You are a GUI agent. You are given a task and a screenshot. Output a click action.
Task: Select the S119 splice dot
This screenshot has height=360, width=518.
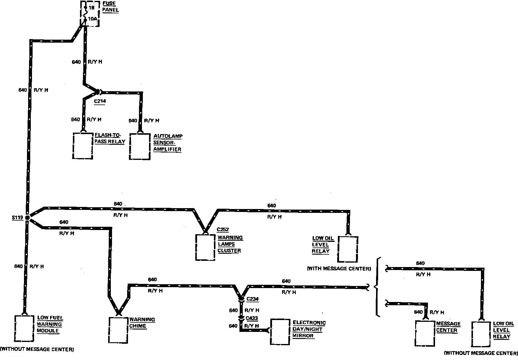27,218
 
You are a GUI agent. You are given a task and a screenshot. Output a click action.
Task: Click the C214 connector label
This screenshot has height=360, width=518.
100,101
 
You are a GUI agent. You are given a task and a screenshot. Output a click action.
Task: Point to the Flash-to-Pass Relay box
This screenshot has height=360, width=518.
83,146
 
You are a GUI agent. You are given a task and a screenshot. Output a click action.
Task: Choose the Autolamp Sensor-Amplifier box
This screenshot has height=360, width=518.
140,147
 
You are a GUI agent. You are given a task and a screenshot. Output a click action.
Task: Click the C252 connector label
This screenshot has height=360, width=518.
223,229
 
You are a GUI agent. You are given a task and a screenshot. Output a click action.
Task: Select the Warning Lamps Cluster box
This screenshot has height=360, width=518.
205,247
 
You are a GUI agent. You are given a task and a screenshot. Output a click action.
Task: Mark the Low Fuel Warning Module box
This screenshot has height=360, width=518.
24,328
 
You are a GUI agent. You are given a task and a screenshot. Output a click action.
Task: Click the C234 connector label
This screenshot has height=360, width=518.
252,299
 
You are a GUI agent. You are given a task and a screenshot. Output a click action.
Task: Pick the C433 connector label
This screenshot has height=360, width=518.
252,318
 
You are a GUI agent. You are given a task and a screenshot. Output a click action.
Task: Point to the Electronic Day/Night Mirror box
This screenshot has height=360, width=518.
280,332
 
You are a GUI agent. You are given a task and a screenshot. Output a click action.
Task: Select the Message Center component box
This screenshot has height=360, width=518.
425,333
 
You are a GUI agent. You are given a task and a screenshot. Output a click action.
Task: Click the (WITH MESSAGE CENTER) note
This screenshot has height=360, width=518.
339,269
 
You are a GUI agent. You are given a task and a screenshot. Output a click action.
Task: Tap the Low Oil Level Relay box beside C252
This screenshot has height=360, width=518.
348,249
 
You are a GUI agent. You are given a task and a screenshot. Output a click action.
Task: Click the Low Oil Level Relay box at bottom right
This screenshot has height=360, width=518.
481,334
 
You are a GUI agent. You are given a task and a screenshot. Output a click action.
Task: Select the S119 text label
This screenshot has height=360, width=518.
17,218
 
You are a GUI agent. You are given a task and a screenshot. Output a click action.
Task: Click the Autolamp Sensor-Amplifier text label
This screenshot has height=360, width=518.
167,143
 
